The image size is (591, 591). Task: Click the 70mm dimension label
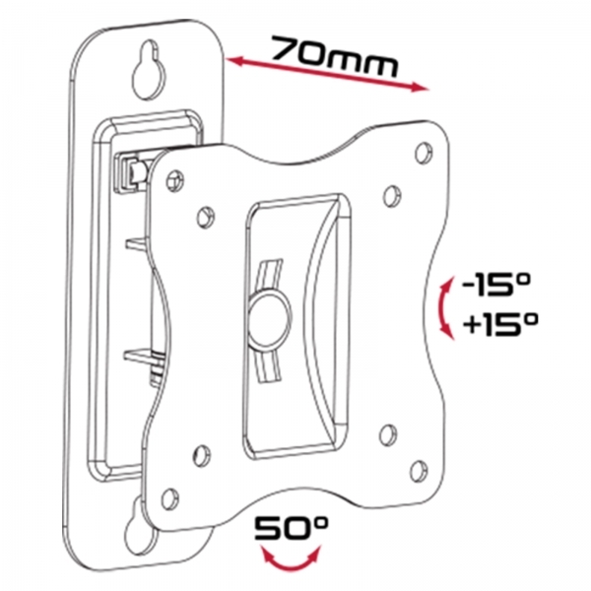[x=334, y=56]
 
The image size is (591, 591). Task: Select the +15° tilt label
[x=499, y=324]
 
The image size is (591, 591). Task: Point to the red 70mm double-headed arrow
[x=327, y=74]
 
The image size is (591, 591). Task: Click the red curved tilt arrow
[x=445, y=308]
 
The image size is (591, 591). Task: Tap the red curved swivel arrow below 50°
[x=291, y=558]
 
